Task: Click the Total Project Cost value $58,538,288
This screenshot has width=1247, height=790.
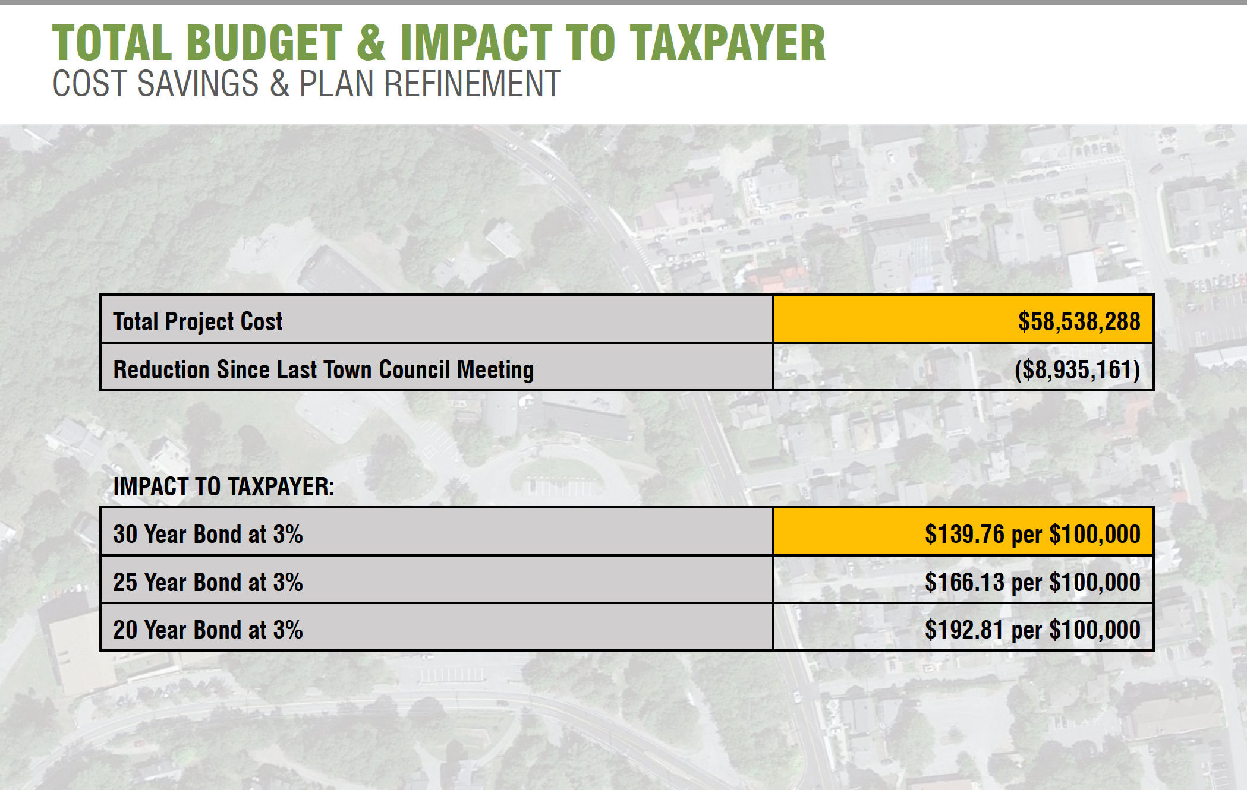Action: [x=1079, y=321]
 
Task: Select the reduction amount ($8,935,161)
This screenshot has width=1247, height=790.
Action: [x=1077, y=369]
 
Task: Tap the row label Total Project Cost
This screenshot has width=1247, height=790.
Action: [x=197, y=321]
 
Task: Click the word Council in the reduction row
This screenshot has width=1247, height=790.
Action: [x=414, y=369]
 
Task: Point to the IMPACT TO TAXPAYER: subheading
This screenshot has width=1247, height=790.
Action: [x=223, y=486]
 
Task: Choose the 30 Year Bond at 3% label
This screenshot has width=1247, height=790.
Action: [x=208, y=534]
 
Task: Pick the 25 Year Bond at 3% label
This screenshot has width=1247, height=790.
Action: [x=208, y=582]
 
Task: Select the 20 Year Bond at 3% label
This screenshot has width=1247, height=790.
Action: [x=208, y=630]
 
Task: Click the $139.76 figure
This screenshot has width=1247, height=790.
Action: [x=964, y=534]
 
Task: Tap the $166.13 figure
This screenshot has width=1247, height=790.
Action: [x=964, y=582]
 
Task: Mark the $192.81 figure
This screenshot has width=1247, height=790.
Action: [x=964, y=630]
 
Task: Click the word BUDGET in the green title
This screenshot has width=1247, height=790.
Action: [x=264, y=43]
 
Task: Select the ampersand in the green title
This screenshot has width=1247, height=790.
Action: [x=371, y=43]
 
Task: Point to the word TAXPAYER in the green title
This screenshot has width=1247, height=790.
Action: [x=728, y=43]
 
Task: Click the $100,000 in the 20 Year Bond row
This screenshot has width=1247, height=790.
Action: [x=1095, y=630]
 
